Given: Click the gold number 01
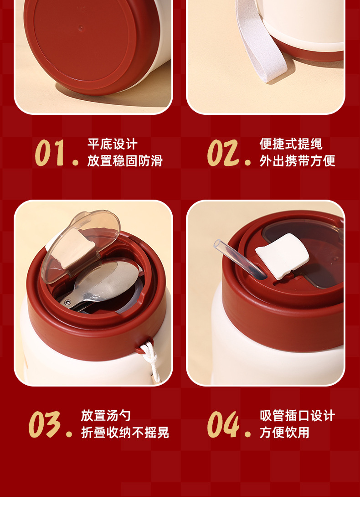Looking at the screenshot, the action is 50,153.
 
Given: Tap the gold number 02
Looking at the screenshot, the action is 223,153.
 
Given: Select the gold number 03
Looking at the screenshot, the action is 45,425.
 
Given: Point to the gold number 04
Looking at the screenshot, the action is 223,425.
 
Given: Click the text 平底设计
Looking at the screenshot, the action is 113,144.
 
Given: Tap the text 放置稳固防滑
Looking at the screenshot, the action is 125,161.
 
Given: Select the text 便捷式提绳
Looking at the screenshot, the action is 291,144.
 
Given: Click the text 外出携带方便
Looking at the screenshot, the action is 297,161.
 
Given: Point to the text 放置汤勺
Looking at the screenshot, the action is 106,416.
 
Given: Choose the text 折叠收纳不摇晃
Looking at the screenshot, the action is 125,433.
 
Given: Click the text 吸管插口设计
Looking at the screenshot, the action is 297,416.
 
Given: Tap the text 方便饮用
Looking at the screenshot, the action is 284,433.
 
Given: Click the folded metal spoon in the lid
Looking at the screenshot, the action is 101,287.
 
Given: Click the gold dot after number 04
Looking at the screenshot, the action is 247,434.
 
